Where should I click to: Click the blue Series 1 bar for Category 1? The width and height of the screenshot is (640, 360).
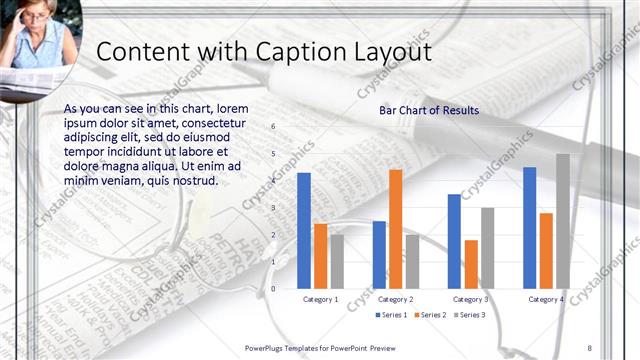coord(304,230)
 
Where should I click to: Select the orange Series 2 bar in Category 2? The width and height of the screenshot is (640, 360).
coord(395,228)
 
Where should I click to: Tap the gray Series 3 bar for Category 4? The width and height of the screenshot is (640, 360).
coord(563,221)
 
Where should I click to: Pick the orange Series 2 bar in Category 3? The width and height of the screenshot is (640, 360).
coord(471,264)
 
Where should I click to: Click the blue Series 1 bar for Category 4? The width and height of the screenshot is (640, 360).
coord(530,227)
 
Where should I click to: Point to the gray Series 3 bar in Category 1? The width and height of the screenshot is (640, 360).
coord(337,261)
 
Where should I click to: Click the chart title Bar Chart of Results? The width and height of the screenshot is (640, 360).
coord(429,110)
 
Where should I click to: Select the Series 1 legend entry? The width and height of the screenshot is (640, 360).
coord(391,315)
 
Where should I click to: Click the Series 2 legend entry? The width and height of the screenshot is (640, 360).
coord(430,315)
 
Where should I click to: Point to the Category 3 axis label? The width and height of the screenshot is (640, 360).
coord(471,299)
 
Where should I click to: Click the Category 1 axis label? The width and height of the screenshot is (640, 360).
coord(320,299)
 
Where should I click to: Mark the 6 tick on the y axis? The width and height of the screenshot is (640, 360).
coord(274,127)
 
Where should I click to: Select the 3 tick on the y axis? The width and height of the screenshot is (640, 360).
coord(274,208)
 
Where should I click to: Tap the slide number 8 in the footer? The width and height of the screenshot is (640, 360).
coord(589,347)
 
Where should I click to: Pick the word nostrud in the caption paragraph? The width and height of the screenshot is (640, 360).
coord(191,180)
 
